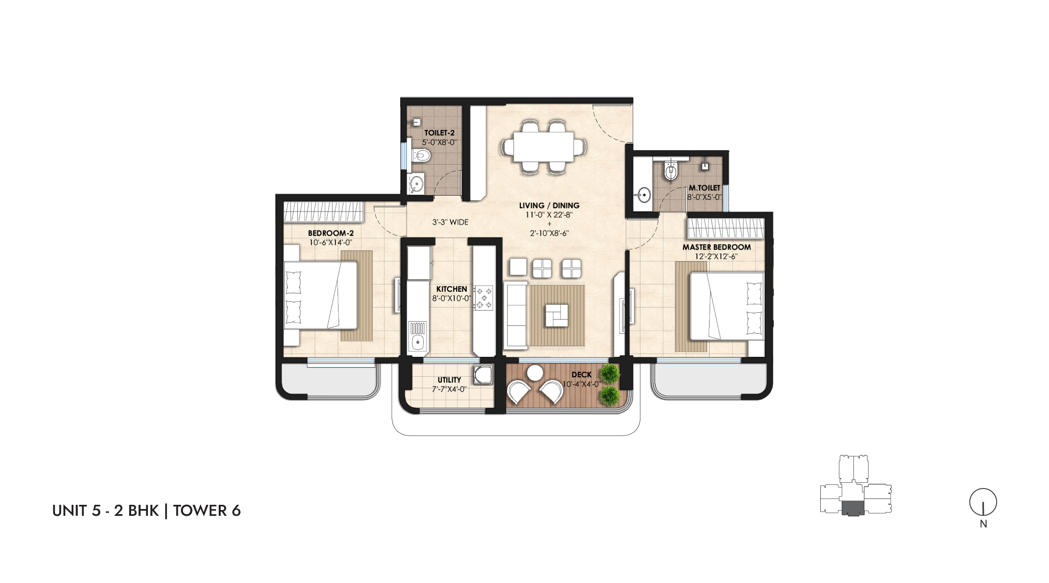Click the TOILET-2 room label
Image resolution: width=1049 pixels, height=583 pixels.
[x=440, y=133]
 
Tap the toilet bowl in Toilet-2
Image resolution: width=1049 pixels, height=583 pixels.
[x=421, y=155]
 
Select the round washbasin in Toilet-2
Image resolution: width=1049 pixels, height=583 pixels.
[x=416, y=184]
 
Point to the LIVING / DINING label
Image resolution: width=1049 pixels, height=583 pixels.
[x=549, y=206]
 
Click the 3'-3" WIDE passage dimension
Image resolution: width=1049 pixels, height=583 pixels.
[x=451, y=222]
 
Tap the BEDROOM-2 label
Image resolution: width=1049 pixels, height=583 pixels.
[x=330, y=234]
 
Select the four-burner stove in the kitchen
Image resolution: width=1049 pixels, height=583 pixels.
[x=483, y=298]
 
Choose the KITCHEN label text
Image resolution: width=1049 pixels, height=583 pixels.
[x=452, y=289]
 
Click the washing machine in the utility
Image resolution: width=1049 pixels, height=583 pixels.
[x=483, y=375]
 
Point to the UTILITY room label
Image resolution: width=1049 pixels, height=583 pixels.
[x=449, y=380]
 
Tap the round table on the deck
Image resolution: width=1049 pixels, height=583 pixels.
[x=535, y=373]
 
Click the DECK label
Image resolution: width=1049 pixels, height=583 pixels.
[x=582, y=375]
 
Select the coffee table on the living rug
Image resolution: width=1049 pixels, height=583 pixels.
[x=556, y=315]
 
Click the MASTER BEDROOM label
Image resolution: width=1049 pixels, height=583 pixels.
[x=716, y=247]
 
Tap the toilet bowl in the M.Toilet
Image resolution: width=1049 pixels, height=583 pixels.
[x=671, y=170]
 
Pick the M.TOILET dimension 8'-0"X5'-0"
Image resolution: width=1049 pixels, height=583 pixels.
[x=704, y=197]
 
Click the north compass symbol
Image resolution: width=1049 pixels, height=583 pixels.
[x=983, y=502]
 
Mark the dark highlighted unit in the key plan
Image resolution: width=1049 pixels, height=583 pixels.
[x=853, y=508]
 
